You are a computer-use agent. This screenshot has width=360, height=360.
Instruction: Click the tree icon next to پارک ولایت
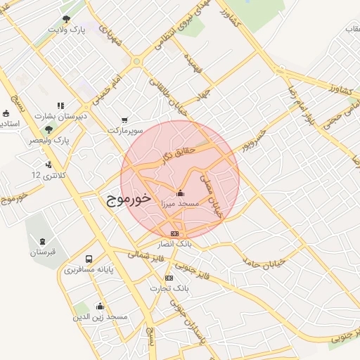(67, 19)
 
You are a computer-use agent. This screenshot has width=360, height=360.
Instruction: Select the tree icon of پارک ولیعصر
(49, 129)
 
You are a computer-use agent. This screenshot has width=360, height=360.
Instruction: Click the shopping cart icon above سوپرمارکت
(125, 120)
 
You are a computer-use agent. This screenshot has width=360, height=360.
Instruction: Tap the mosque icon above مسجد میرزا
(180, 193)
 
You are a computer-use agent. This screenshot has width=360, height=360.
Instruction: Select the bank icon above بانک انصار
(174, 233)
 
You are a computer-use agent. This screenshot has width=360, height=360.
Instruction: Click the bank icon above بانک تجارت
(169, 278)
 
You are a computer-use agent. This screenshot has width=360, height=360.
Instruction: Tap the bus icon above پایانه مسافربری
(89, 259)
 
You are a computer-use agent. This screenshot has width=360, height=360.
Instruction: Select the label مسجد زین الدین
(101, 318)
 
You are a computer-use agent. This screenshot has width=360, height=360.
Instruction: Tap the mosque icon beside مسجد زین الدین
(100, 307)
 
